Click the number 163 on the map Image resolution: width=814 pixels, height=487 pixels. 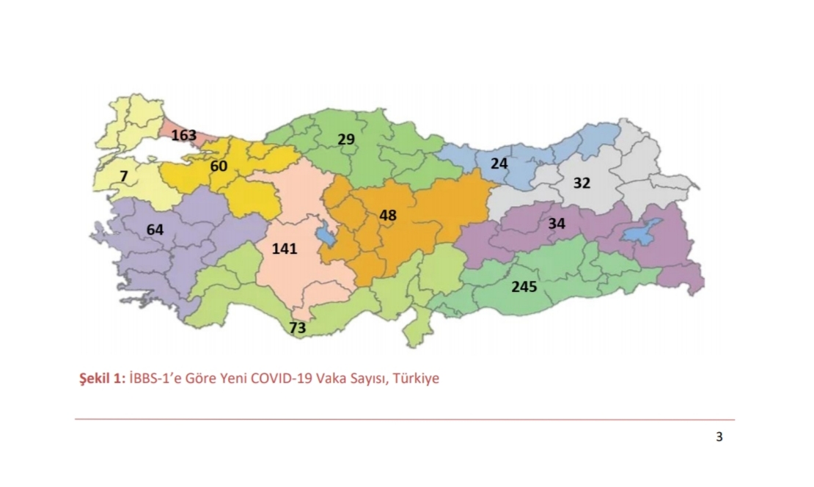tap(184, 135)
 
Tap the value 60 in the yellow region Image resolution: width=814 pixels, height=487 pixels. tap(219, 166)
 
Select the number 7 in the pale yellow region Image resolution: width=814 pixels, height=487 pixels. tap(124, 177)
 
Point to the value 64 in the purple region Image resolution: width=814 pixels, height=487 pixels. tap(155, 230)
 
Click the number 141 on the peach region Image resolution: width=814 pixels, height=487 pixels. tap(285, 249)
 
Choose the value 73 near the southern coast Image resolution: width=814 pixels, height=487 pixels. tap(297, 328)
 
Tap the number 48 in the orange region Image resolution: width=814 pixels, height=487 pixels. tap(389, 216)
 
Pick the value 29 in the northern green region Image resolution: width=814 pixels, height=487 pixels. tap(346, 139)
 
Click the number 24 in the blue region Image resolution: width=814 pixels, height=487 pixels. tap(499, 164)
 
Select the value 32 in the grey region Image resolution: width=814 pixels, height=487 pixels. tap(582, 183)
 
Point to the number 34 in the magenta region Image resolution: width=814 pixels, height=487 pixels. tap(557, 224)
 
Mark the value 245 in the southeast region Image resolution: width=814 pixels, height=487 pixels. tap(524, 287)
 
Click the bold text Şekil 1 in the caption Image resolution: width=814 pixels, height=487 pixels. tap(101, 379)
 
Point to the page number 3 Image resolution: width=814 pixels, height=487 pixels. tap(719, 438)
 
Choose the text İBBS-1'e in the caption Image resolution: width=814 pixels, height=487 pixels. tap(152, 379)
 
